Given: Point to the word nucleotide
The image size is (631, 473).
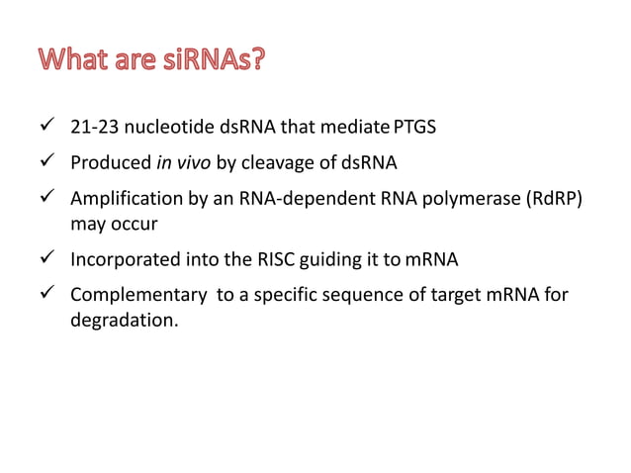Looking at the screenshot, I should [161, 128].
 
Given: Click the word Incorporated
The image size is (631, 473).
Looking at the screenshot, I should [120, 262].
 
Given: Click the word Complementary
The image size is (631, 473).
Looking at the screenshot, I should [129, 295].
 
